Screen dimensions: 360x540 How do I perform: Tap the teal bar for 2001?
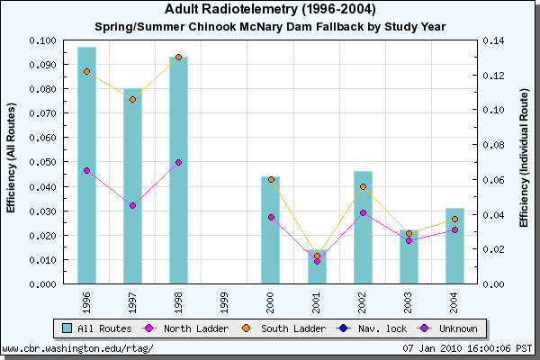click(317, 267)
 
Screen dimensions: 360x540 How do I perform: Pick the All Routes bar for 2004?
click(454, 247)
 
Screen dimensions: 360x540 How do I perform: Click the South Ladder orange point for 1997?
click(132, 99)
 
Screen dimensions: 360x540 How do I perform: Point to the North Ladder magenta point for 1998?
click(178, 163)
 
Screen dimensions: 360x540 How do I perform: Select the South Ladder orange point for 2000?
click(271, 179)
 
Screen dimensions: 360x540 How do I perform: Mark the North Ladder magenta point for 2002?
click(363, 212)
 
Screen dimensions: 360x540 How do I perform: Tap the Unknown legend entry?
click(447, 328)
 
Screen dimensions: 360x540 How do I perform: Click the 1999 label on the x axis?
click(224, 298)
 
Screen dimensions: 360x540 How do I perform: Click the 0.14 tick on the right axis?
click(493, 41)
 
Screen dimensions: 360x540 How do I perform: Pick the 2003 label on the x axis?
click(409, 298)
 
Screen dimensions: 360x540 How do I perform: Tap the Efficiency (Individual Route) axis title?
click(523, 162)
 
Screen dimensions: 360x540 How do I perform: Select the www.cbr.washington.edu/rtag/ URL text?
click(78, 348)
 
